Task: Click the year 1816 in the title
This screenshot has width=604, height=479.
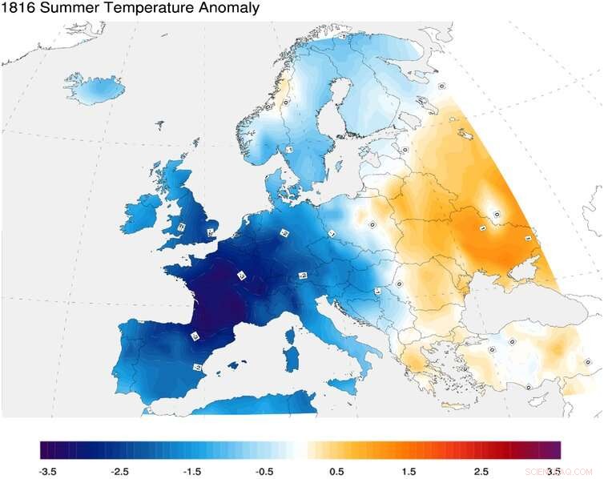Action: pyautogui.click(x=18, y=9)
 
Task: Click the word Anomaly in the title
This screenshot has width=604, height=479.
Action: pyautogui.click(x=231, y=9)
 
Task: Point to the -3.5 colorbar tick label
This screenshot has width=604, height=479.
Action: pyautogui.click(x=48, y=471)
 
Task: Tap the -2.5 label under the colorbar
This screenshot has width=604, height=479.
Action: pyautogui.click(x=121, y=471)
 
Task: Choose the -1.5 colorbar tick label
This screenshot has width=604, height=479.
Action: pyautogui.click(x=193, y=471)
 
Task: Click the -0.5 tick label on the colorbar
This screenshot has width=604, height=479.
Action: pyautogui.click(x=266, y=471)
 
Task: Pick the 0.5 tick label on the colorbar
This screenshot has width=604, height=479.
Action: pyautogui.click(x=336, y=471)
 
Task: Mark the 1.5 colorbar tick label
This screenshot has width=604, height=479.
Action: pyautogui.click(x=409, y=471)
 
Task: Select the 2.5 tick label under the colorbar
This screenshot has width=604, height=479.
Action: pyautogui.click(x=481, y=471)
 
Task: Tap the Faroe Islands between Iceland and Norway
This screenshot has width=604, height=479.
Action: pyautogui.click(x=159, y=126)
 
